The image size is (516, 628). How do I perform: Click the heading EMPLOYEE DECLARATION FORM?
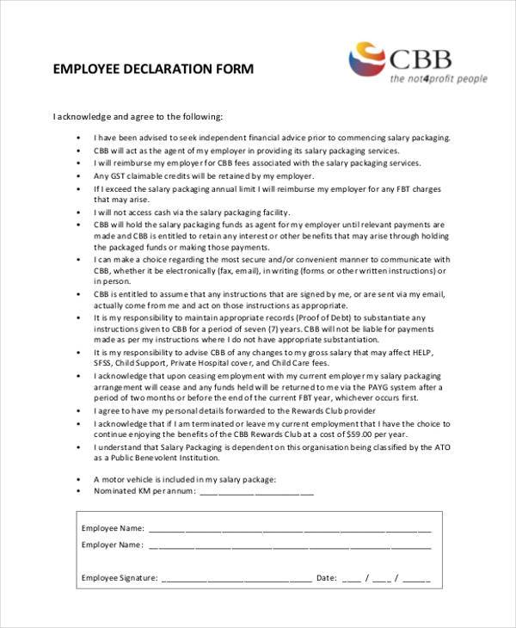(153, 70)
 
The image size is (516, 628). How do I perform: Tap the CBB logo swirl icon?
(368, 59)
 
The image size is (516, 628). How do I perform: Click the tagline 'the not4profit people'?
(438, 79)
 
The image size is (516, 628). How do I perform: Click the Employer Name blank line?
(290, 545)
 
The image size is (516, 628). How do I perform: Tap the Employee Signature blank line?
(236, 578)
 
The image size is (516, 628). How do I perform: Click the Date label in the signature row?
(326, 578)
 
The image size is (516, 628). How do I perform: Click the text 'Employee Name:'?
(113, 528)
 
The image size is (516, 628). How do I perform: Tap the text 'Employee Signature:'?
(119, 578)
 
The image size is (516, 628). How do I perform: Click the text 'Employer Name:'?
(112, 545)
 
